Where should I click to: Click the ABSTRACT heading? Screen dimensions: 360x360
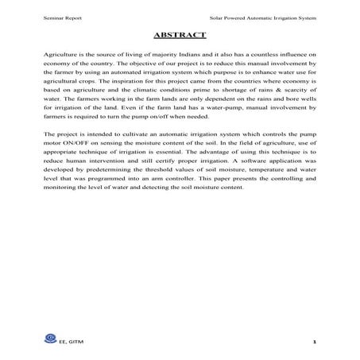tap(179, 35)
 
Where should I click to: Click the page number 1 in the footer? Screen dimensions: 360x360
tap(315, 342)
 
